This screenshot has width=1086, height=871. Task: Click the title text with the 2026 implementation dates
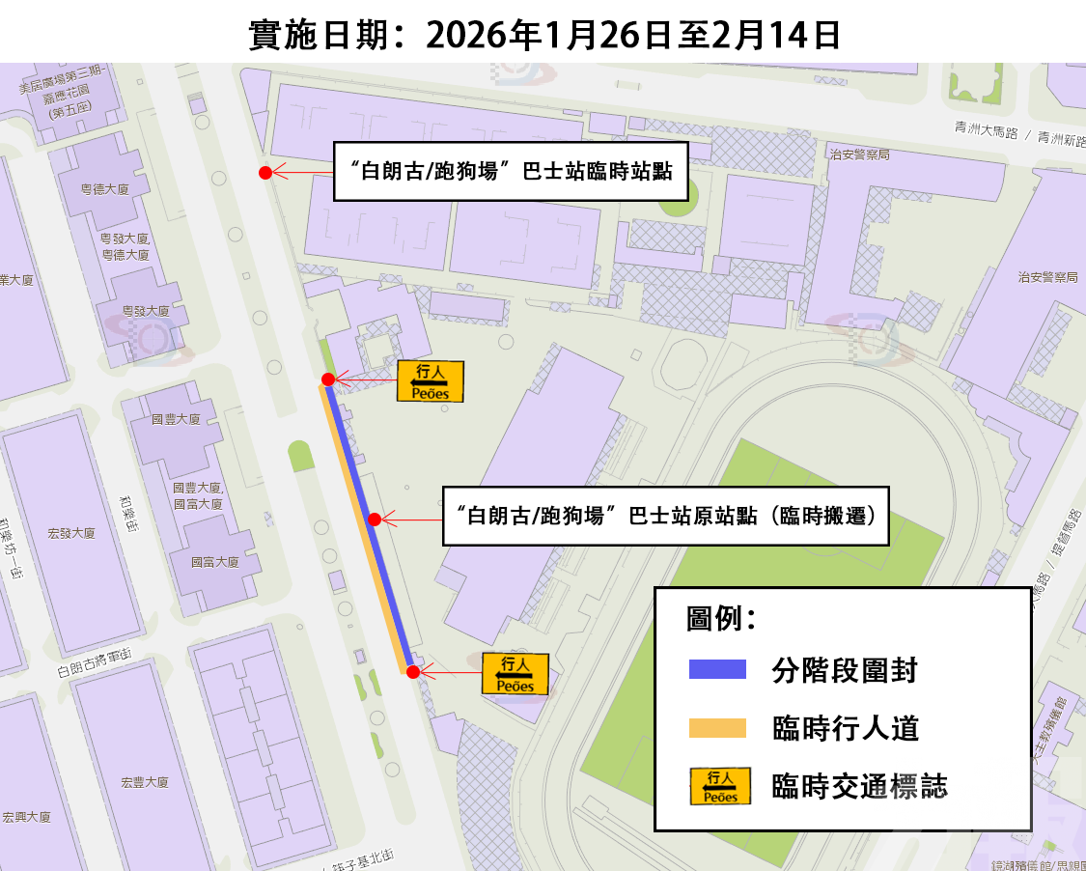pyautogui.click(x=543, y=35)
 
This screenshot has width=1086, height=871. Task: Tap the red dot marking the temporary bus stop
pyautogui.click(x=265, y=173)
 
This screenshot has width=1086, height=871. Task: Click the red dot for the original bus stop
pyautogui.click(x=374, y=520)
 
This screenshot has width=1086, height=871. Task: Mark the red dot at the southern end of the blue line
pyautogui.click(x=413, y=672)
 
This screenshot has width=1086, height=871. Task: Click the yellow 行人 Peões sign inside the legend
pyautogui.click(x=720, y=787)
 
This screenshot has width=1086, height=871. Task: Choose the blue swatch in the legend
pyautogui.click(x=717, y=669)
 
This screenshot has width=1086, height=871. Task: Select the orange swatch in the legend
pyautogui.click(x=717, y=728)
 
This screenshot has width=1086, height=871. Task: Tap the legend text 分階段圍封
pyautogui.click(x=845, y=669)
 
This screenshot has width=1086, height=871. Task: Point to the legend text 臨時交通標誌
pyautogui.click(x=859, y=787)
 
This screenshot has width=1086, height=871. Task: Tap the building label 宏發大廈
pyautogui.click(x=71, y=533)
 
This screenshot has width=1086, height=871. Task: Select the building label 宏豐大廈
pyautogui.click(x=146, y=782)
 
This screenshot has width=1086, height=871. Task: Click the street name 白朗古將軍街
pyautogui.click(x=94, y=664)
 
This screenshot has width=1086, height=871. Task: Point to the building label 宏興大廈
pyautogui.click(x=26, y=817)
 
